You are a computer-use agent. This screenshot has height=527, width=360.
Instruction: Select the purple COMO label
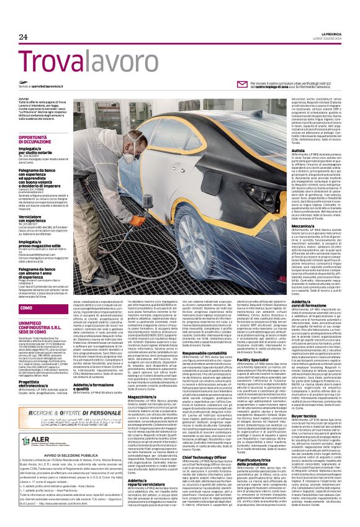(27, 307)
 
